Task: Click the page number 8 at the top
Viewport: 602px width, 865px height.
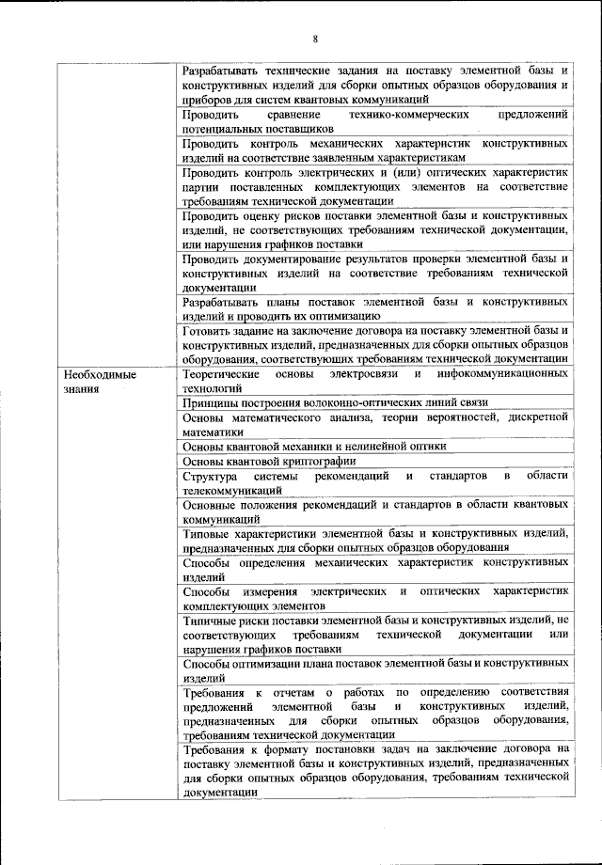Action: coord(316,39)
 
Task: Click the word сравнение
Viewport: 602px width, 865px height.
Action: coord(284,114)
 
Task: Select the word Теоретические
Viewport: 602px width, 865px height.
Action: coord(221,374)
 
